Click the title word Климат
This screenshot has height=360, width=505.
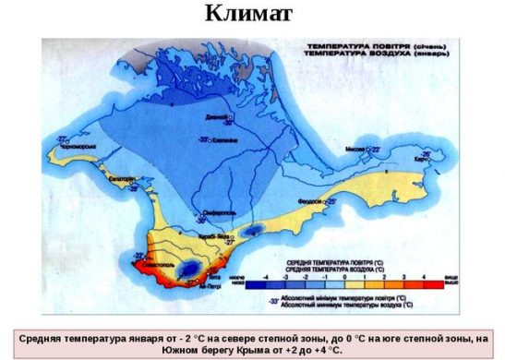tap(252, 16)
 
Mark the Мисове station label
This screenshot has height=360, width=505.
tap(355, 147)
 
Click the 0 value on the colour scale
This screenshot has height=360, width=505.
tap(343, 276)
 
